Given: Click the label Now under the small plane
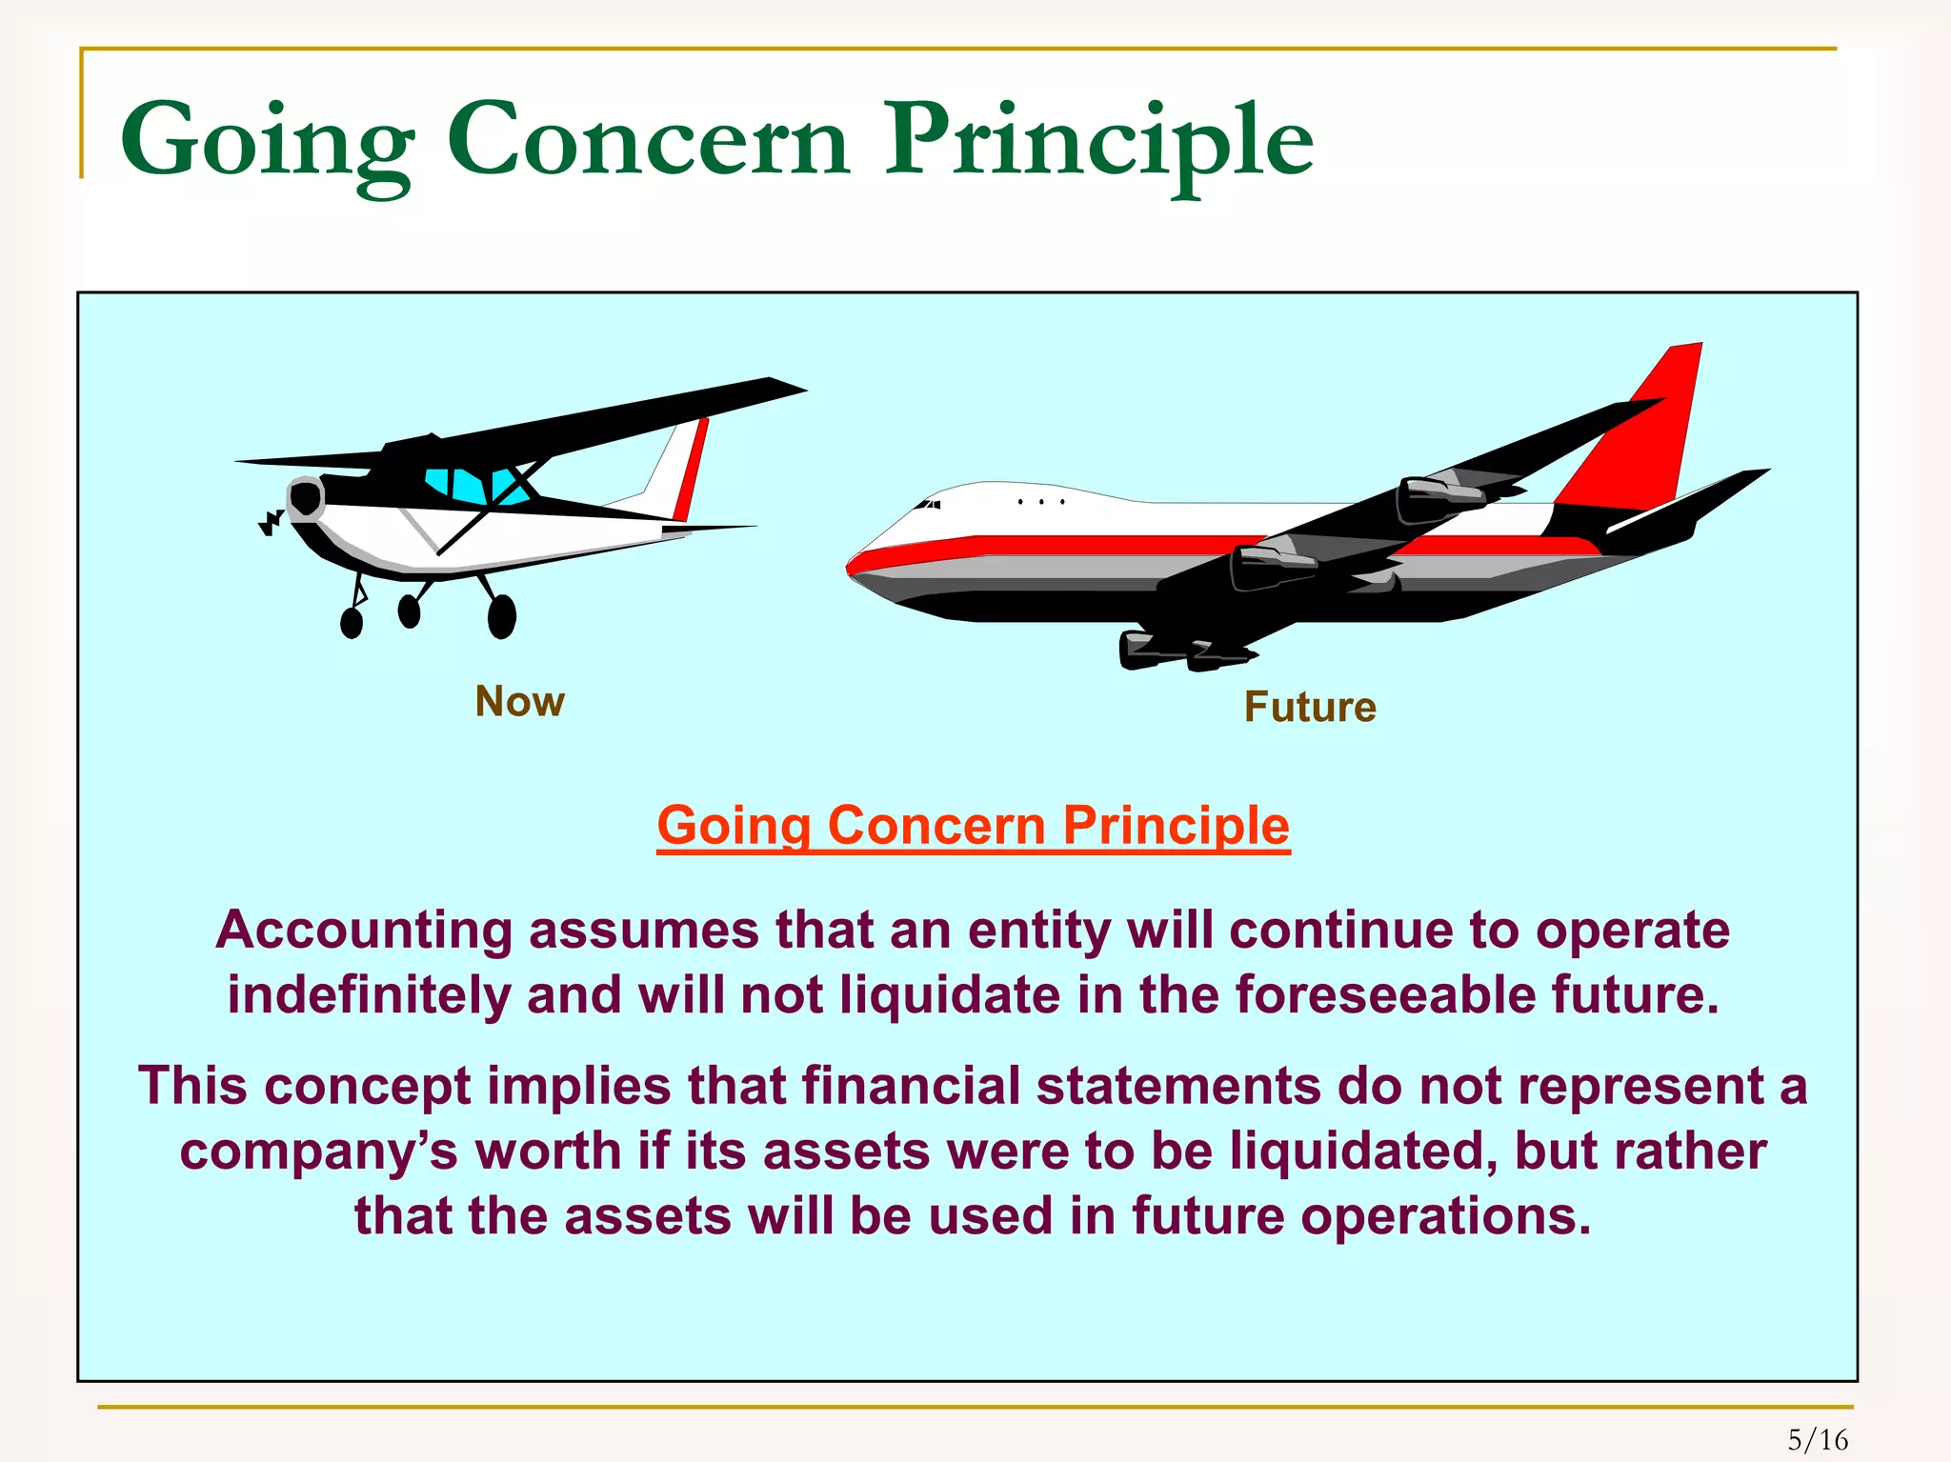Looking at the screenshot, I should pos(519,702).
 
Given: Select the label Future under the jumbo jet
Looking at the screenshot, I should pos(1310,708).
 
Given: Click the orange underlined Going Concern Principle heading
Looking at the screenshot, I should pos(973,825).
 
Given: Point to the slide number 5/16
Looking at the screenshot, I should pos(1818,1439).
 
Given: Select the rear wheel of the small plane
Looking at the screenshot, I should pos(502,616).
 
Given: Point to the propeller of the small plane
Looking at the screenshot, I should pos(272,522).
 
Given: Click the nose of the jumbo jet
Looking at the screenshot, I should pos(857,564).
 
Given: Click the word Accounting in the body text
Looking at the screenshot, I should pos(364,931).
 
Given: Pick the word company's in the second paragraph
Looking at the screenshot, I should pos(318,1152).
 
